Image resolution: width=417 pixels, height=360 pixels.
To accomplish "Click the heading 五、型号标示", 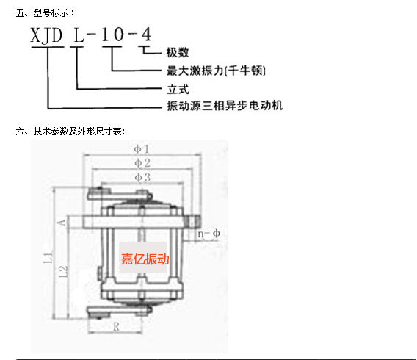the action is point(46,12).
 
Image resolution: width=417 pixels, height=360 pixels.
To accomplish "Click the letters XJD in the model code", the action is point(46,35).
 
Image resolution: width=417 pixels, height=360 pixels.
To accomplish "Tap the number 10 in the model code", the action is point(112,35).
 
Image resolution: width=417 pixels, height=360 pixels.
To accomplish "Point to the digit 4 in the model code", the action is point(146,34).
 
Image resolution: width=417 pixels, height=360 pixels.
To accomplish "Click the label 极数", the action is point(178,53).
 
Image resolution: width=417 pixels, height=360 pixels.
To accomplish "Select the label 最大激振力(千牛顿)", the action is point(216,71).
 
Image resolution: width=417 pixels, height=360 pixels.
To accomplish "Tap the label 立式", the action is point(178,90).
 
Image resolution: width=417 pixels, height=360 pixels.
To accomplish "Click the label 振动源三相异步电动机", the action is point(225,106).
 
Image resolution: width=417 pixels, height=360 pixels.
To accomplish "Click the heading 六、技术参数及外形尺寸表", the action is point(70,132).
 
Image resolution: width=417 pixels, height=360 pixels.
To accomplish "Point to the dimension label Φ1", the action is point(141,149).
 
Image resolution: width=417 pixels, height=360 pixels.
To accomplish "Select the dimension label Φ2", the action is point(142,163).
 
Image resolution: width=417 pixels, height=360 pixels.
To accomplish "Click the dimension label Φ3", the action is point(142,178).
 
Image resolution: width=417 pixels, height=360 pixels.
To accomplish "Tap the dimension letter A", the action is point(61,223).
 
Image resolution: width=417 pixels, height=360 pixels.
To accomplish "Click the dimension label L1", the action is point(48,258).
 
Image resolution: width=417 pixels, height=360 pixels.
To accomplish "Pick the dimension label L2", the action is point(63,271).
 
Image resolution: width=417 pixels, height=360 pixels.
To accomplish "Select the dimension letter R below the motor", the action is point(116,327).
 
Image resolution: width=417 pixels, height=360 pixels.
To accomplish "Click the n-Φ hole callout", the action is point(208,234).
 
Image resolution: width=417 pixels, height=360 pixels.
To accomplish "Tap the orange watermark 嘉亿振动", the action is point(145,259).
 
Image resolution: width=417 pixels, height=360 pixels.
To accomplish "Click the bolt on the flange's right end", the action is point(193,222).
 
